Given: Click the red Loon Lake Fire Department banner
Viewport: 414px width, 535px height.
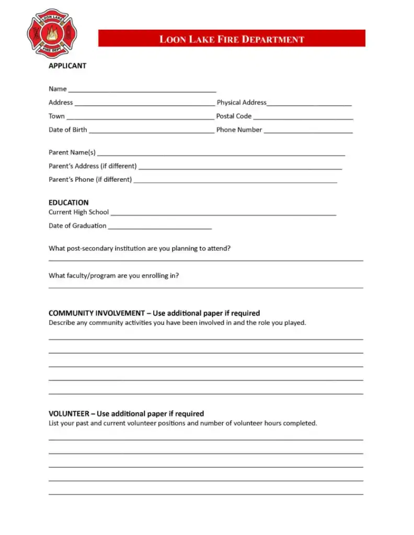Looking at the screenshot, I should [232, 39].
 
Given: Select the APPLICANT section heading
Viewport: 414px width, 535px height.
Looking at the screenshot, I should [67, 66].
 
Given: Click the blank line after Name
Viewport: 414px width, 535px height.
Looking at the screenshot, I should [142, 90].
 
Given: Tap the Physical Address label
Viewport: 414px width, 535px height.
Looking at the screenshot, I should [241, 102].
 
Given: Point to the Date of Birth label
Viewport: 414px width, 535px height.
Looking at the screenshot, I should [68, 130].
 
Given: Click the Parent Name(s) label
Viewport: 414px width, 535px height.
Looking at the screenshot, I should [72, 153].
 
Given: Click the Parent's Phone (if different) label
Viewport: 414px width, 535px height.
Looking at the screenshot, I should [90, 180].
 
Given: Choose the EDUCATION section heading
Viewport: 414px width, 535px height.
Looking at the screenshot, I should [68, 202].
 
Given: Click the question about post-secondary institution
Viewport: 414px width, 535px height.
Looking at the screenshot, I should [140, 249].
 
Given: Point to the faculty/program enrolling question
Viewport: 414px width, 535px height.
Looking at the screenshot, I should [113, 276].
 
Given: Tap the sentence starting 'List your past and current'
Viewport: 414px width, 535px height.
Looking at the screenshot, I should [182, 423].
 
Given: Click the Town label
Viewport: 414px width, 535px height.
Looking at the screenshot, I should [56, 116].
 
